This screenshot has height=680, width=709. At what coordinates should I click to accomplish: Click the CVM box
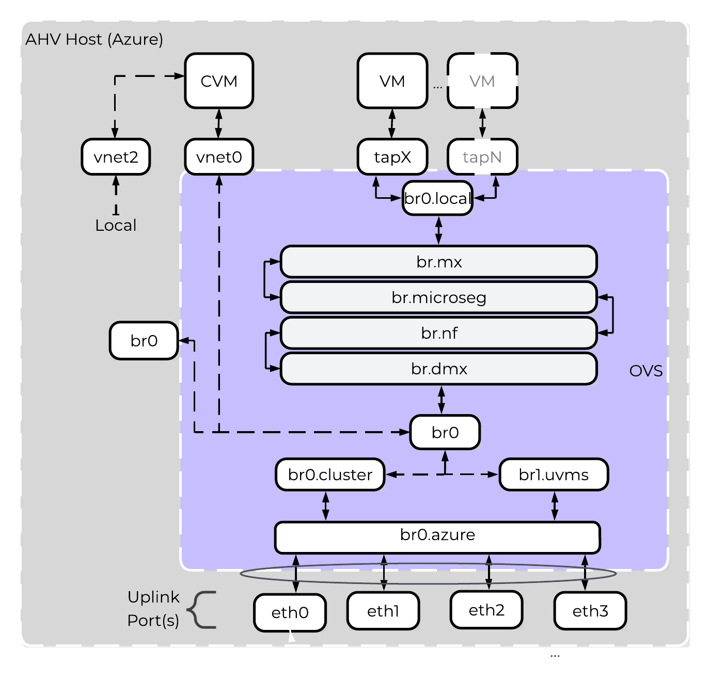tap(219, 81)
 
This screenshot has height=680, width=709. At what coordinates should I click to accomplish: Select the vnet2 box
tap(116, 157)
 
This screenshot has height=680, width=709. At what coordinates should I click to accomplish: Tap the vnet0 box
tap(219, 157)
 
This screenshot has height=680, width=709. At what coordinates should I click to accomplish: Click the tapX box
tap(392, 157)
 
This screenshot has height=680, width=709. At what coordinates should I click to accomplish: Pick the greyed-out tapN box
tap(482, 157)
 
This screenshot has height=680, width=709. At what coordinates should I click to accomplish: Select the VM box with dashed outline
tap(482, 81)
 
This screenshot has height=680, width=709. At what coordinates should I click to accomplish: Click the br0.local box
tap(437, 198)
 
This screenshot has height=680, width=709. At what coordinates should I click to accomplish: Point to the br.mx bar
tap(438, 262)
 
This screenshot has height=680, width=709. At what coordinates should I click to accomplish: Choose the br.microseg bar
tap(438, 297)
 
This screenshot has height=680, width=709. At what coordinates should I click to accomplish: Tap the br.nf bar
tap(438, 333)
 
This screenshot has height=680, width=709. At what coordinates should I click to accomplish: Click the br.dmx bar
tap(438, 369)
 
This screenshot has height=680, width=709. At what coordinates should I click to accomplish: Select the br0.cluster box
tap(330, 475)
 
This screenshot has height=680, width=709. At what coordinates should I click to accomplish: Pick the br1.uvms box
tap(554, 475)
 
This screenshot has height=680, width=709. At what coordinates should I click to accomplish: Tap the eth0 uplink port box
tap(290, 612)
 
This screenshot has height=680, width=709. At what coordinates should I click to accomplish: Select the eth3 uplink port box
tap(590, 611)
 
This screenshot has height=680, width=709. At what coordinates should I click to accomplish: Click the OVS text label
tap(646, 371)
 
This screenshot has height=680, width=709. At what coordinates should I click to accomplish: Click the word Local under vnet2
tap(116, 225)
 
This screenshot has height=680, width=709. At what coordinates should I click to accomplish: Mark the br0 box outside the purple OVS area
tap(144, 341)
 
